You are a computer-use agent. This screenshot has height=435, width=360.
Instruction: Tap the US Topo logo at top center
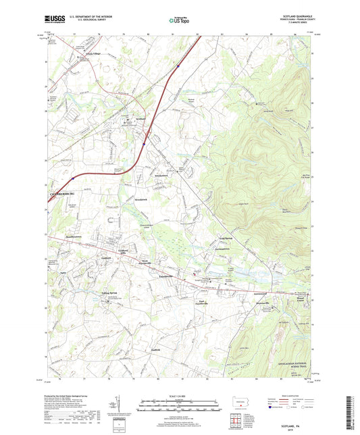tap(177, 20)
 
